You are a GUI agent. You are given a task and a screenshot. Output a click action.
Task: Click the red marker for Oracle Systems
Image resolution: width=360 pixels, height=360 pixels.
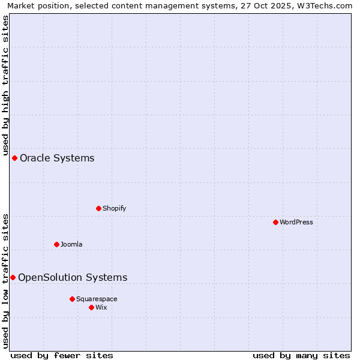[x=14, y=158]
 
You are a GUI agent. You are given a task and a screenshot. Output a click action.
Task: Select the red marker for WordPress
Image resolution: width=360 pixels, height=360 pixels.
[x=275, y=222]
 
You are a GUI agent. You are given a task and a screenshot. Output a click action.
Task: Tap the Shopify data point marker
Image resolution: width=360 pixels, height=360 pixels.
[x=98, y=208]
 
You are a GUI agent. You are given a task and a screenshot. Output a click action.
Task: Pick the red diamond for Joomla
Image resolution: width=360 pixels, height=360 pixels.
[x=56, y=244]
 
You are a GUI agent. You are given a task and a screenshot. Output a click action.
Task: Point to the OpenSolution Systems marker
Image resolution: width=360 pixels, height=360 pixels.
[x=13, y=277]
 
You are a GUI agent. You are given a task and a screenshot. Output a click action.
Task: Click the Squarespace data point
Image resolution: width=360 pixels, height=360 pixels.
[x=72, y=299]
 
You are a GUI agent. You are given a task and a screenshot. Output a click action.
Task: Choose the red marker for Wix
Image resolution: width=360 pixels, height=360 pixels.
[x=91, y=307]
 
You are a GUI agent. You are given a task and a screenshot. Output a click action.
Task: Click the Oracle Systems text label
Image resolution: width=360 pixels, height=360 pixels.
[x=57, y=158]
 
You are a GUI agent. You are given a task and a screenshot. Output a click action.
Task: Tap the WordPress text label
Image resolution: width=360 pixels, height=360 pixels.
[x=296, y=222]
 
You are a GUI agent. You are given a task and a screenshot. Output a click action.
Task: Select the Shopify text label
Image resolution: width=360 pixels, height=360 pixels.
[x=115, y=208]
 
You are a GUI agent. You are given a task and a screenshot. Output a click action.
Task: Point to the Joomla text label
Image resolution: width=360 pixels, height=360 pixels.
[x=71, y=244]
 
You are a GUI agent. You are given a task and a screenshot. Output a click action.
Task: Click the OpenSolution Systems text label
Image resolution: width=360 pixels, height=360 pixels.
[x=73, y=277]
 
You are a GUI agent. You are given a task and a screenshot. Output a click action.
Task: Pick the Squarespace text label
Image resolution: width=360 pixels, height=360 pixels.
[x=97, y=299]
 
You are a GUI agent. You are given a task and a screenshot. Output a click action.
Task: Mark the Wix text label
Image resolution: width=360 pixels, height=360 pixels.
[x=101, y=307]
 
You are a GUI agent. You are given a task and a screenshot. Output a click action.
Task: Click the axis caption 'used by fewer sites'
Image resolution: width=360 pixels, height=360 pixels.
[x=62, y=355]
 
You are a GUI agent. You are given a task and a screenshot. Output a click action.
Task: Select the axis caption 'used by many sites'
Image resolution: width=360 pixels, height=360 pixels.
[x=301, y=355]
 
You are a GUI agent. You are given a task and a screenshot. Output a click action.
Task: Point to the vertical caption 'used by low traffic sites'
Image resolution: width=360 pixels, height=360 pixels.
[x=5, y=281]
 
